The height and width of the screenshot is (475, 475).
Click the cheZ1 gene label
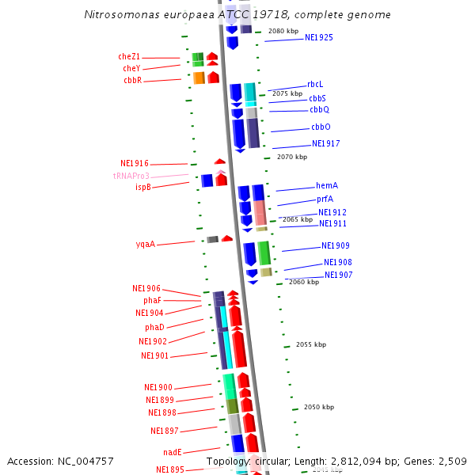click(x=129, y=57)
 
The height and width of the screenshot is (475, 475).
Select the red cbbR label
click(x=131, y=81)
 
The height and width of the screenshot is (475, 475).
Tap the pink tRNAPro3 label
click(x=131, y=176)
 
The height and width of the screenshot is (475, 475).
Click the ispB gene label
click(x=142, y=187)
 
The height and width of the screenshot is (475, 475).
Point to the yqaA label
click(x=145, y=245)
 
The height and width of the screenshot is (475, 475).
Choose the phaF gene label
click(x=152, y=301)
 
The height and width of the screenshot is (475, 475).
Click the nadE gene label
click(x=172, y=452)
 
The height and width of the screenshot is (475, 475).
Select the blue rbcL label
click(x=315, y=85)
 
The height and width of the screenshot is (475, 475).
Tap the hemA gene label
click(x=327, y=185)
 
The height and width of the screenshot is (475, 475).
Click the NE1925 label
click(x=318, y=37)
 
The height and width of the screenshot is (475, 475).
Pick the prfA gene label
click(x=325, y=199)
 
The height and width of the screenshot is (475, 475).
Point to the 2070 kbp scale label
click(x=291, y=158)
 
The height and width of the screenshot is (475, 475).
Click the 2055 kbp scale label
click(x=310, y=345)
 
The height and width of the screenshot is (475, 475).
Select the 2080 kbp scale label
click(x=283, y=31)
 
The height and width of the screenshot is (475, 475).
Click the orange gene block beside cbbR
click(x=199, y=78)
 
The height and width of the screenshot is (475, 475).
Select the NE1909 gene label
click(x=335, y=246)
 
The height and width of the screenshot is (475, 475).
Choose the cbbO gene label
click(x=321, y=127)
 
